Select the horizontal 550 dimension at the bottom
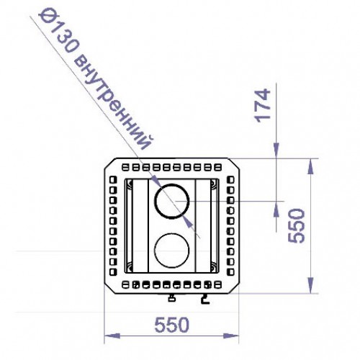point(172,324)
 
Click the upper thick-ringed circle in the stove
point(173,199)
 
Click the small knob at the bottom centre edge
point(171,297)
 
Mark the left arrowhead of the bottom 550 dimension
point(109,336)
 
